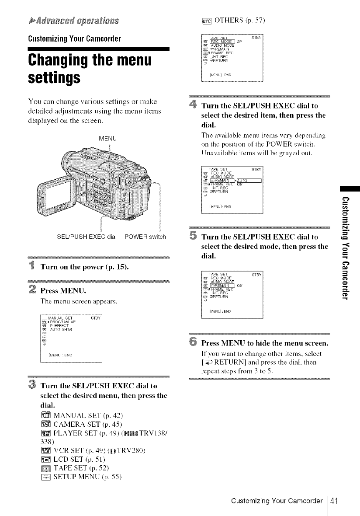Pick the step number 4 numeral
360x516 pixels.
click(194, 105)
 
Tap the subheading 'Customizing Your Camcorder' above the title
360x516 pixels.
click(70, 37)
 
